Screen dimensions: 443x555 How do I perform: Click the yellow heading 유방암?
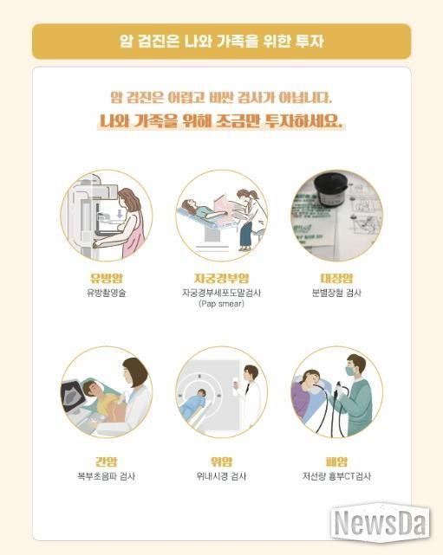tap(107, 278)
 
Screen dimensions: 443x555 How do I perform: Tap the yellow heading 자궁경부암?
tap(222, 278)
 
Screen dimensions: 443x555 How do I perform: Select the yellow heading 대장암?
tap(336, 278)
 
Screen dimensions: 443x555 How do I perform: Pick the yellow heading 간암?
tap(106, 461)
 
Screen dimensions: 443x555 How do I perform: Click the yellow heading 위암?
tap(222, 461)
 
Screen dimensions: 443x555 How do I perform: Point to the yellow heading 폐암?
tap(336, 461)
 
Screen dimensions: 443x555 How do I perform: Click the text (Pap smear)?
tap(222, 304)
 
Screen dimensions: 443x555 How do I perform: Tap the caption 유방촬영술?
tap(107, 293)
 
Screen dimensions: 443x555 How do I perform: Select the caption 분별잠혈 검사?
tap(336, 293)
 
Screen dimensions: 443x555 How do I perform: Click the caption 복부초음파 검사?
tap(107, 476)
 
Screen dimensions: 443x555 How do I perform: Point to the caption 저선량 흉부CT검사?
tap(336, 476)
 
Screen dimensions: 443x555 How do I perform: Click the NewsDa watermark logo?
tap(381, 523)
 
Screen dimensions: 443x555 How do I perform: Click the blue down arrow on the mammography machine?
tap(120, 214)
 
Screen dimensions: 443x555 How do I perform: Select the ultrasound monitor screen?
tap(74, 394)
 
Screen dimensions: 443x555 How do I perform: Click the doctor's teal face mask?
tap(352, 371)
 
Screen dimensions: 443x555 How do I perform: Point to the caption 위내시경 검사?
tap(222, 476)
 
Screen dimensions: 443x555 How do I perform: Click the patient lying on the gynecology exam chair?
tap(199, 210)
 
